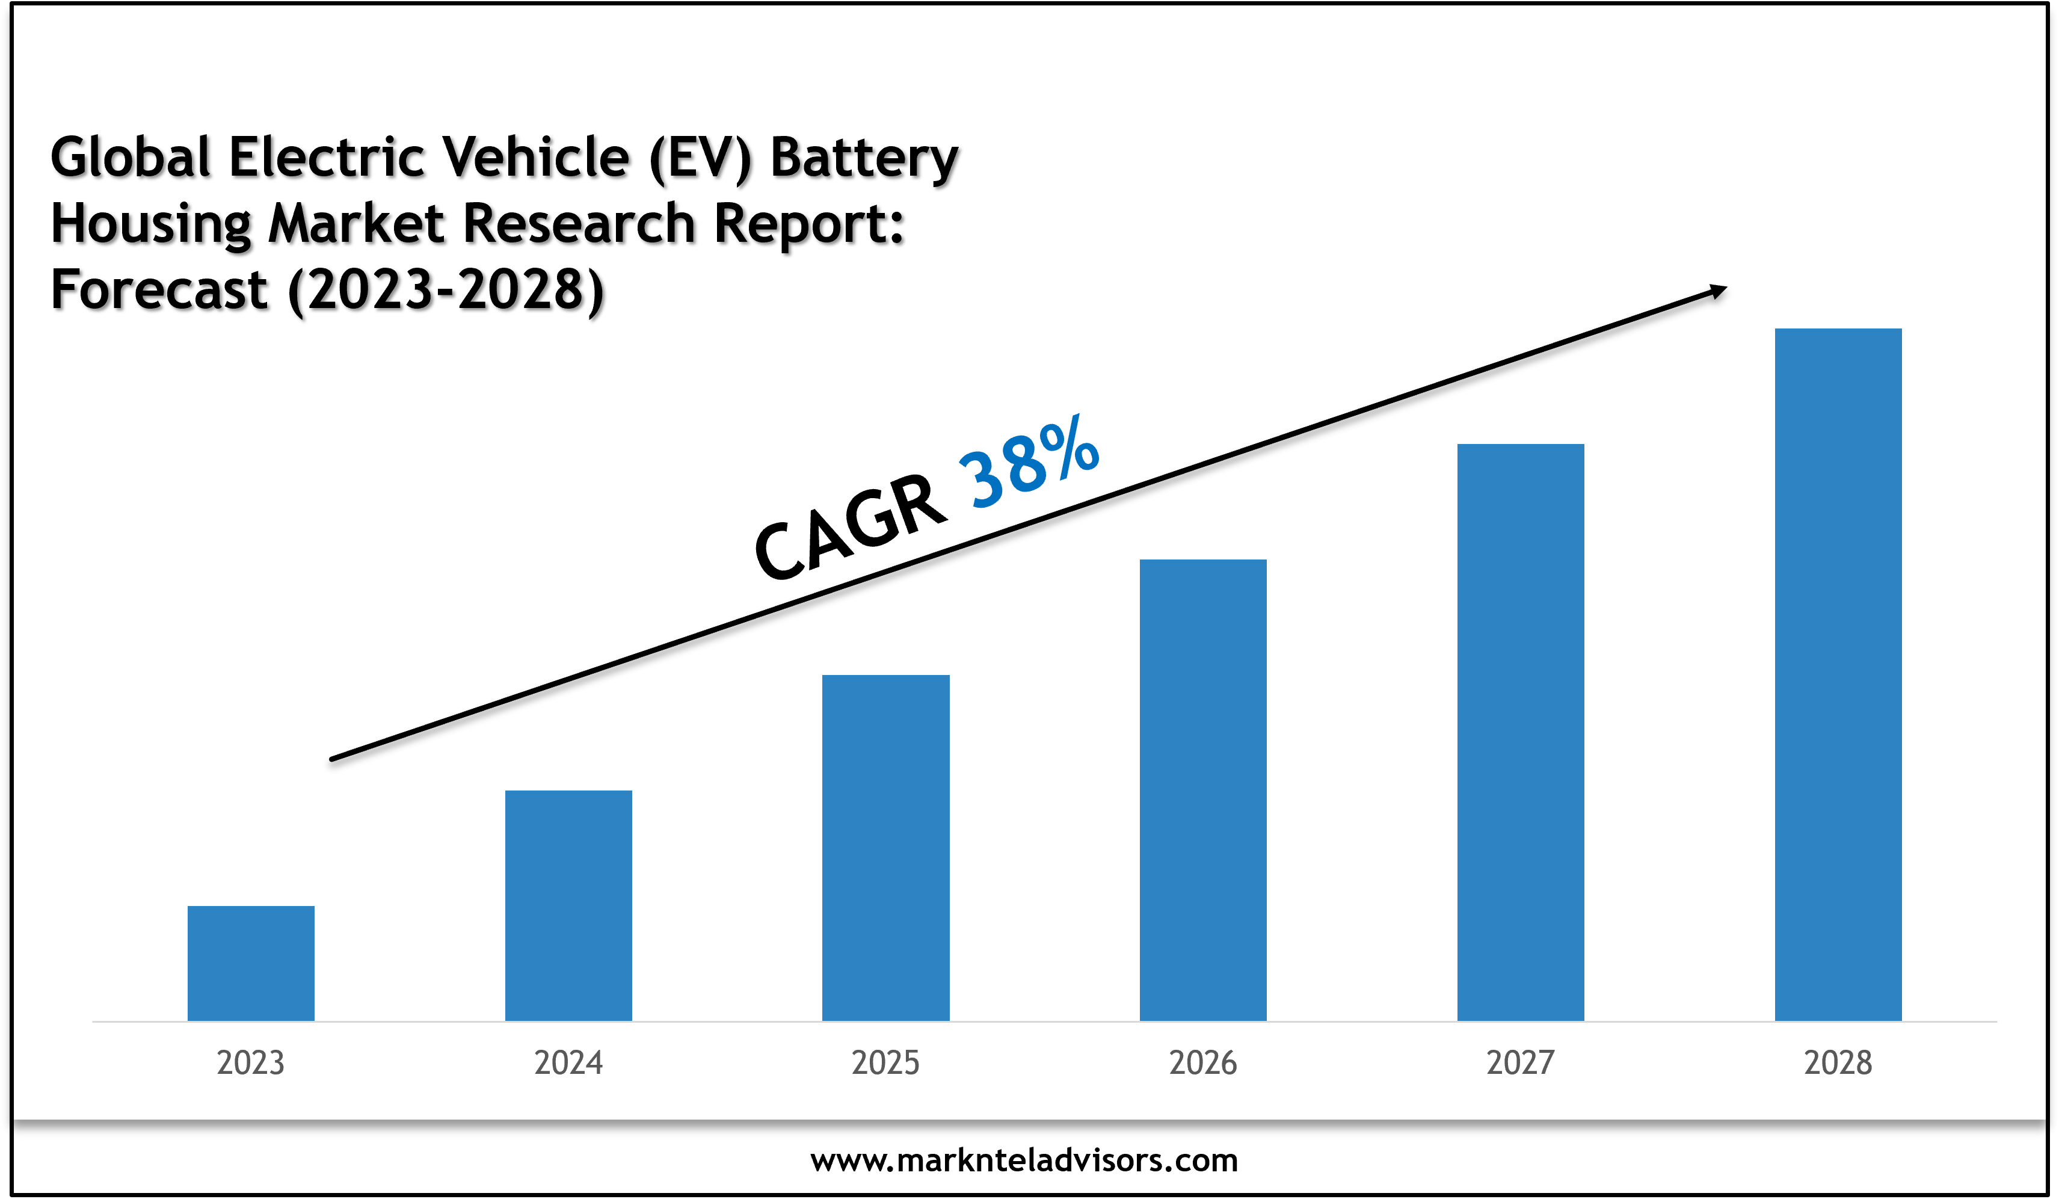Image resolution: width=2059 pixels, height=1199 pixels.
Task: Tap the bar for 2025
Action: pyautogui.click(x=885, y=848)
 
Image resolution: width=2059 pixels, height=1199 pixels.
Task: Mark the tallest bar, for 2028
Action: pyautogui.click(x=1838, y=674)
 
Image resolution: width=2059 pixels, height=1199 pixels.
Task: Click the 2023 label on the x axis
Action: pyautogui.click(x=251, y=1062)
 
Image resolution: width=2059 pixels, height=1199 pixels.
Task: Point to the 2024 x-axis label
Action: pyautogui.click(x=568, y=1062)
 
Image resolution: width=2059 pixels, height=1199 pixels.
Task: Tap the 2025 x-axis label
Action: pyautogui.click(x=885, y=1062)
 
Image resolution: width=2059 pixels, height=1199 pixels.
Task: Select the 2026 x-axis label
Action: pyautogui.click(x=1202, y=1062)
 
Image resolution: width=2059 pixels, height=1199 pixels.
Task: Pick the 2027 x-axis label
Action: pyautogui.click(x=1521, y=1062)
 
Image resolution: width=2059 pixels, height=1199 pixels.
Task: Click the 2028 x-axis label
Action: pyautogui.click(x=1838, y=1062)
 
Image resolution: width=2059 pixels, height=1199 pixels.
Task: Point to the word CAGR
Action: pyautogui.click(x=850, y=527)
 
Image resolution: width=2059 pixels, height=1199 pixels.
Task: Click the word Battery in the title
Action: pyautogui.click(x=864, y=157)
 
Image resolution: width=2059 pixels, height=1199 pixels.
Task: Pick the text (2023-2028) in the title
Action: pyautogui.click(x=446, y=290)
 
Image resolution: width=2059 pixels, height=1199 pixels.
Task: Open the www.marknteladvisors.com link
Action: pyautogui.click(x=1024, y=1160)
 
